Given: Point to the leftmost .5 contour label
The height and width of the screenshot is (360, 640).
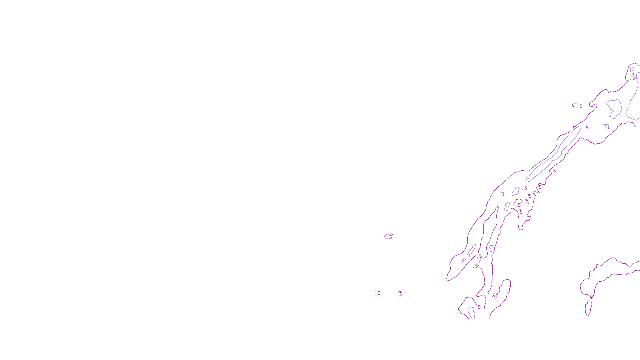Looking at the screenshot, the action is [x=378, y=293].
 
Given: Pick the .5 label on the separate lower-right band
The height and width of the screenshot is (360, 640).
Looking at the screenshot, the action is [x=591, y=297].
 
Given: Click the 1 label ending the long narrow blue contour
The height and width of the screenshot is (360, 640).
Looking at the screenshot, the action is [x=528, y=180].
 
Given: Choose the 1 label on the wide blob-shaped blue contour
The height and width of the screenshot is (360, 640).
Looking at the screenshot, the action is [x=610, y=115].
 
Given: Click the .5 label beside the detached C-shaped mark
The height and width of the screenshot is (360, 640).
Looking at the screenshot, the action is [x=580, y=106].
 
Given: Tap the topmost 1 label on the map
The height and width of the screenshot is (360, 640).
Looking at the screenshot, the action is [x=631, y=70].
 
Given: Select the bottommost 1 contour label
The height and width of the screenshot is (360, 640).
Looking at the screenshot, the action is [x=474, y=316].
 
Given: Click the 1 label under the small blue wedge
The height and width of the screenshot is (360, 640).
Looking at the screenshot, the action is [x=608, y=127].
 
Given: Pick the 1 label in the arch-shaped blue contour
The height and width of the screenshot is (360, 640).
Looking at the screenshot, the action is [x=491, y=250].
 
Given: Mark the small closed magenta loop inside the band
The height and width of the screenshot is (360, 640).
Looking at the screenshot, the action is [x=518, y=203].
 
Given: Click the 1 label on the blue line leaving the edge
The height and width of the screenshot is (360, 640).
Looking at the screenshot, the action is [x=628, y=106].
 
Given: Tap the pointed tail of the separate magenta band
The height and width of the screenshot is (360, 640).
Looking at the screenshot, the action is [x=588, y=314].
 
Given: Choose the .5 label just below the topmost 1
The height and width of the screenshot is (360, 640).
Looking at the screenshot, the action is [x=634, y=78].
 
